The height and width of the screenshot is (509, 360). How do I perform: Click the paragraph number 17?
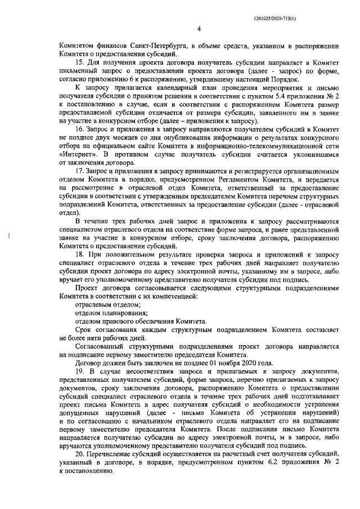point(79,168)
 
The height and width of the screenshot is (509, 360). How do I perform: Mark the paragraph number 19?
point(79,373)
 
